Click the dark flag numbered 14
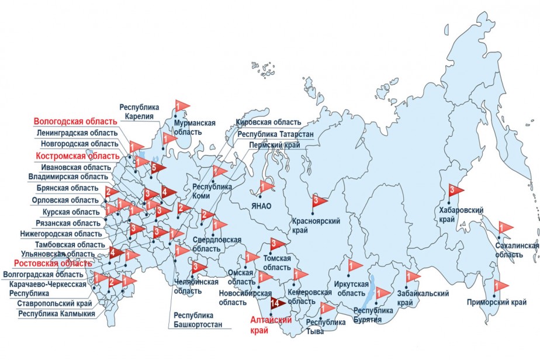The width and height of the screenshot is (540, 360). point(275,303)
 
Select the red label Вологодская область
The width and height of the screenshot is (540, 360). point(75,122)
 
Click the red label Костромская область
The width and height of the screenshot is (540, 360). point(77,156)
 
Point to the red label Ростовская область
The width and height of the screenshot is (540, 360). point(53,264)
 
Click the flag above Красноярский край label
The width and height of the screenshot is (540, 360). point(318,201)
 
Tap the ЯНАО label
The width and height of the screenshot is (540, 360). point(262,206)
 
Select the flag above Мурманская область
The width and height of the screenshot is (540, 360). point(181,106)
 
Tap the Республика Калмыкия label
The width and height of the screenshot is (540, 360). point(56,313)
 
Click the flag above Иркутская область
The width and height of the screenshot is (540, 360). point(354,266)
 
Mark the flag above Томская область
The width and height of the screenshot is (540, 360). point(276,244)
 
